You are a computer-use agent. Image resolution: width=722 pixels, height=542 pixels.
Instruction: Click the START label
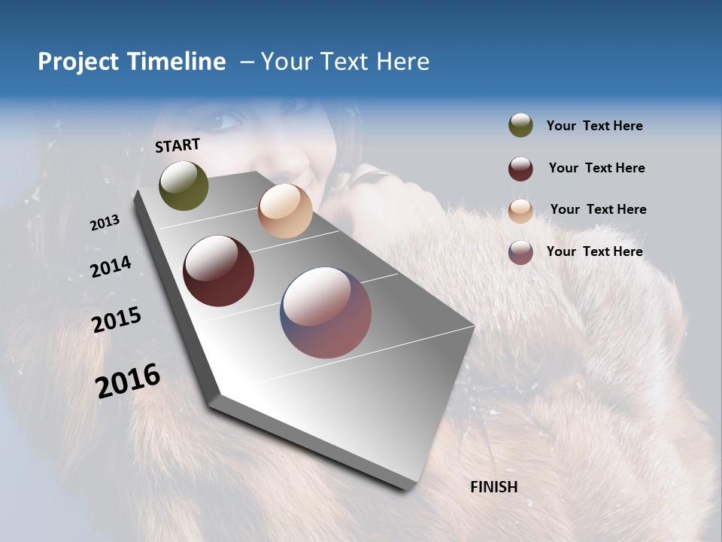pos(177,145)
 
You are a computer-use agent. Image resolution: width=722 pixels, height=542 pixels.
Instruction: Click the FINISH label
pos(493,487)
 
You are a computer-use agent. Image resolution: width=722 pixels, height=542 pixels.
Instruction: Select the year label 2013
pos(105,223)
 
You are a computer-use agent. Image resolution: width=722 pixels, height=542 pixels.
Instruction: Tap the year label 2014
pos(111,266)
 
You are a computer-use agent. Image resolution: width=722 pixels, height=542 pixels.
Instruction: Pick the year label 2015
pos(116,320)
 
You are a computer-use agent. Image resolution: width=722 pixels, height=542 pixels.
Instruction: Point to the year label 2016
pos(127,381)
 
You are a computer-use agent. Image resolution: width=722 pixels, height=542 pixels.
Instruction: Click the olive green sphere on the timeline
pos(184,185)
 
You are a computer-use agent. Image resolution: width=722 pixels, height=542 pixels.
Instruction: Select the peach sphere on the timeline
pos(285,211)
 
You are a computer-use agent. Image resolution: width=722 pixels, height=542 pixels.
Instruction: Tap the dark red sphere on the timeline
pos(218,271)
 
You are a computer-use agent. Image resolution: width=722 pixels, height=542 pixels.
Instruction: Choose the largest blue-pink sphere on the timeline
pos(326,312)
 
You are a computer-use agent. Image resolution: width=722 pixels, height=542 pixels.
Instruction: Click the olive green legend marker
pos(520,126)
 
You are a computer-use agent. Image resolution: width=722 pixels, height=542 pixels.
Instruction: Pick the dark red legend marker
pos(520,169)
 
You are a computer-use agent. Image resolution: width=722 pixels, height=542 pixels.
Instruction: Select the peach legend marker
pos(520,211)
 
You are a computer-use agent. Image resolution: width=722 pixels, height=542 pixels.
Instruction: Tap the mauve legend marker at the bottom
pos(520,252)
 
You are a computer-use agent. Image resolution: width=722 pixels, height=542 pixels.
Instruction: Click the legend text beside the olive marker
pos(594,126)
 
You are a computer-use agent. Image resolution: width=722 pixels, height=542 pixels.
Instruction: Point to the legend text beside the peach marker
pos(598,209)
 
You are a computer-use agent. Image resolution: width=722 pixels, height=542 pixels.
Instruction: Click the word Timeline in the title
pos(176,62)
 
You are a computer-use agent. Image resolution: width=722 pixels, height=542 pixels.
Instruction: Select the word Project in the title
pos(79,62)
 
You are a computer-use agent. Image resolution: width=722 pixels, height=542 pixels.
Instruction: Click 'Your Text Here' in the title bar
pos(344,62)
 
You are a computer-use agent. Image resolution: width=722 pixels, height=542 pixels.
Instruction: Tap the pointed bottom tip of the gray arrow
pos(406,487)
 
